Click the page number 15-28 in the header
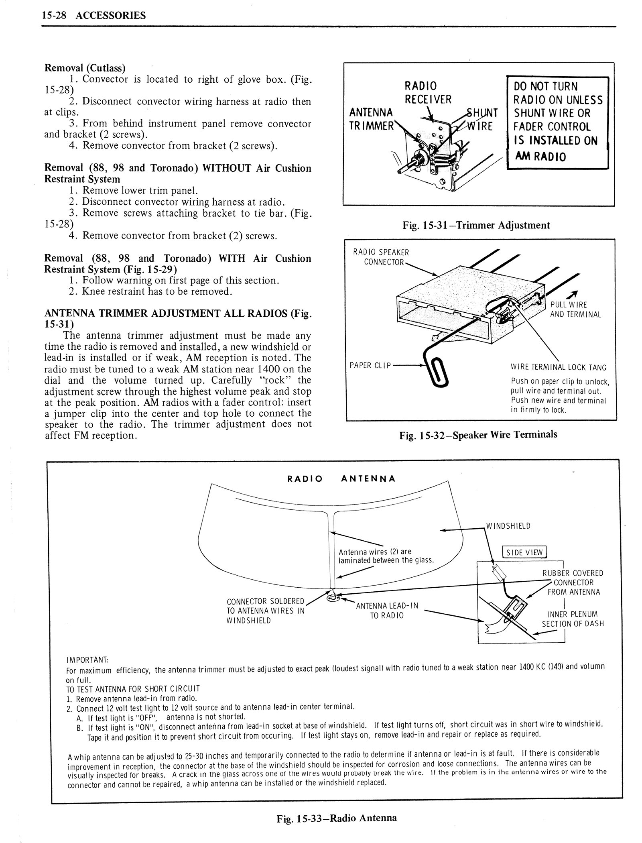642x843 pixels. [52, 16]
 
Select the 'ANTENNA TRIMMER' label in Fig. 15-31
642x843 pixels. [372, 119]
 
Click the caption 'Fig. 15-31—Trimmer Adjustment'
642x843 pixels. [476, 225]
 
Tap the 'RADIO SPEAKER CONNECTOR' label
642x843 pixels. [381, 257]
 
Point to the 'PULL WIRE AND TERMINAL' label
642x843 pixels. [575, 310]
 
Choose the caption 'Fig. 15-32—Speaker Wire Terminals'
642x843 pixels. [478, 434]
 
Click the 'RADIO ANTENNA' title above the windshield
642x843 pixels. [342, 479]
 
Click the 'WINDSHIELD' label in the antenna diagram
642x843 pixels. [508, 526]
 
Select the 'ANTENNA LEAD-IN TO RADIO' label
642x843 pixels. [387, 611]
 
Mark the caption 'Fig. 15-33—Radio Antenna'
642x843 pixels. [337, 818]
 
